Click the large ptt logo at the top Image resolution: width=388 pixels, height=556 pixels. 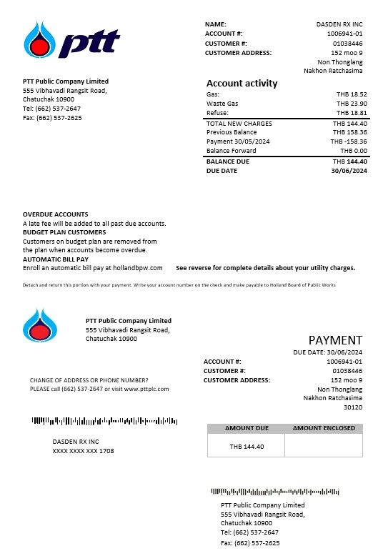pos(71,41)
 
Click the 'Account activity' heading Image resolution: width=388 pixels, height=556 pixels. pos(242,83)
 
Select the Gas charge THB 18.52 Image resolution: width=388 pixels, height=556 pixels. pos(352,94)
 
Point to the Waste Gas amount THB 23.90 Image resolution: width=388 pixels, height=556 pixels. pos(352,104)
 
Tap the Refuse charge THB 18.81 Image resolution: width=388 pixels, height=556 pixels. pos(352,113)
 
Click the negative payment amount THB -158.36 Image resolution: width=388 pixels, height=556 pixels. pos(349,142)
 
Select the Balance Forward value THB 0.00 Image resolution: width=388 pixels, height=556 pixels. pos(354,151)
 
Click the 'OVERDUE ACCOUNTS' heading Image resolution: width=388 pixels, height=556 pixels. pos(56,214)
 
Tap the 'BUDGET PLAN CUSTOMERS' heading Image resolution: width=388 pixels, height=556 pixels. pos(64,232)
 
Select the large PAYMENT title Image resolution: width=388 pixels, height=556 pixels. pos(335,340)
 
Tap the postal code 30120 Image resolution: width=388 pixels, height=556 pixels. pos(353,407)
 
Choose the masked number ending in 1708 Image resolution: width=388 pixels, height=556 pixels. pos(83,451)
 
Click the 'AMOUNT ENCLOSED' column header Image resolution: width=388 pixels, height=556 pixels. pos(324,428)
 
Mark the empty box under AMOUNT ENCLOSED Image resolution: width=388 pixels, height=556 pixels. pos(324,446)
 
